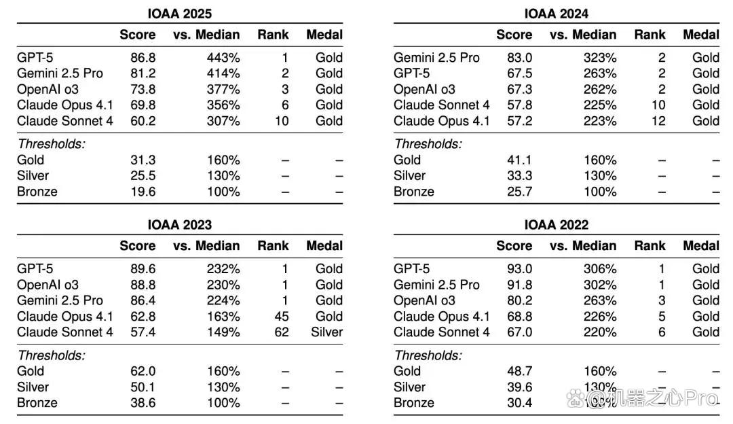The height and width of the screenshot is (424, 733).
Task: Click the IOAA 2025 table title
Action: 179,14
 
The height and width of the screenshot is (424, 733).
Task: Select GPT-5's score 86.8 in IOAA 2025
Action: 143,58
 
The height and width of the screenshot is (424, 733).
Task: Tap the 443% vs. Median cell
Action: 223,58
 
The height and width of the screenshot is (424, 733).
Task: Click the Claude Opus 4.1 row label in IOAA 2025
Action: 64,105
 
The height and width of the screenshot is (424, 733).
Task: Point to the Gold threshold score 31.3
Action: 143,160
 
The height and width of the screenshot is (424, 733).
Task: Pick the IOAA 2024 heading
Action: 556,14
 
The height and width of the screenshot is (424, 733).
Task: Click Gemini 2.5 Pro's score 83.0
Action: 519,58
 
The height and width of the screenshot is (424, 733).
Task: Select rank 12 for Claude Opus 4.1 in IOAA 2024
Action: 658,121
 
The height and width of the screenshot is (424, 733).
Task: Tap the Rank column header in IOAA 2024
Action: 650,35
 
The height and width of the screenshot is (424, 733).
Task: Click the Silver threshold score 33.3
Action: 519,175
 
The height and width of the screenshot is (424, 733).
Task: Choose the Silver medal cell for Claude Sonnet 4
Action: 326,332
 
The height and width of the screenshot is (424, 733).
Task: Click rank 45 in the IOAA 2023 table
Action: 282,317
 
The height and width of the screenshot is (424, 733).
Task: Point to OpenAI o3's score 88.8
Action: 143,285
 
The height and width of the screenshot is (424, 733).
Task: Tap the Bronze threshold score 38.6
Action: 143,402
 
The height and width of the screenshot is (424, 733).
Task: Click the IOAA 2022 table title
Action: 556,225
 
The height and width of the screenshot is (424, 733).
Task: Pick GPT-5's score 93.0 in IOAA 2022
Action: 519,268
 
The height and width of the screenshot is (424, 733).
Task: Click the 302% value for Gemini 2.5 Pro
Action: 600,285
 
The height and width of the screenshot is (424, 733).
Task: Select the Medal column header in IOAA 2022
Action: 700,246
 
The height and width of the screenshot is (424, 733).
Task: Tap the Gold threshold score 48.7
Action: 519,371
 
